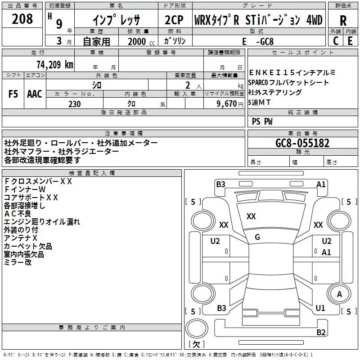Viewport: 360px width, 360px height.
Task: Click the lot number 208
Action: [x=22, y=19]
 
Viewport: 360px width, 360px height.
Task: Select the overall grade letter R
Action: [x=343, y=21]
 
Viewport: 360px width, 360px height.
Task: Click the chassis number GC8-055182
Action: [x=302, y=143]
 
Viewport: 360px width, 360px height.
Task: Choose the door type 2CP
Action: [x=174, y=20]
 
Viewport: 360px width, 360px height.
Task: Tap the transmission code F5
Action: [x=13, y=94]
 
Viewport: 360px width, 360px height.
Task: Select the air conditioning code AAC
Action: [x=35, y=94]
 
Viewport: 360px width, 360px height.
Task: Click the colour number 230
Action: [x=74, y=104]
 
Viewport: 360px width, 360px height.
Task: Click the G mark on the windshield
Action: [x=257, y=237]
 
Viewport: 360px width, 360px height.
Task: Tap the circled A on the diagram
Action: [x=339, y=294]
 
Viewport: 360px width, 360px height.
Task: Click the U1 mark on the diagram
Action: [x=320, y=308]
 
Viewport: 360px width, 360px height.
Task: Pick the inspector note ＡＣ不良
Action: [x=18, y=214]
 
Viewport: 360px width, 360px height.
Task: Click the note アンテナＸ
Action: [x=21, y=238]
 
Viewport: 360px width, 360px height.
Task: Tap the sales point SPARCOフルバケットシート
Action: [x=288, y=83]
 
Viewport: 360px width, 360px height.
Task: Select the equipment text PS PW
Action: [x=262, y=121]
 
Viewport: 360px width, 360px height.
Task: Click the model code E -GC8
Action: [x=258, y=41]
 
